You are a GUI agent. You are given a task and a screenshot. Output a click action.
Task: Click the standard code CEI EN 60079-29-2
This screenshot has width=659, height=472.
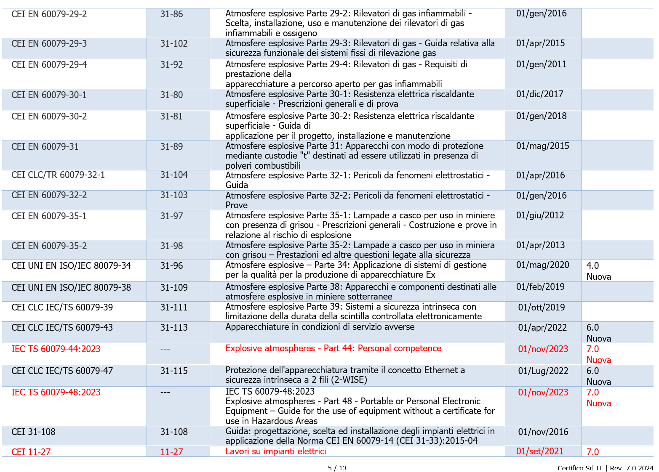49,14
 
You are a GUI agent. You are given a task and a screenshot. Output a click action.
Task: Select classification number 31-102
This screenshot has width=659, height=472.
174,44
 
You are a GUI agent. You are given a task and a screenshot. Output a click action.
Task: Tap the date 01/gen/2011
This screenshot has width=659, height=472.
541,64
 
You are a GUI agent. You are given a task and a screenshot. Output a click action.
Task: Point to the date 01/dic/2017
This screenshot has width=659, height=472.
539,94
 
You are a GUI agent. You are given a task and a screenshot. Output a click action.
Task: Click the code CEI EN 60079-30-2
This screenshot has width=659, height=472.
49,116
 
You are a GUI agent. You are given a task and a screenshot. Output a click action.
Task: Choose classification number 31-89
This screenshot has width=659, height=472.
171,146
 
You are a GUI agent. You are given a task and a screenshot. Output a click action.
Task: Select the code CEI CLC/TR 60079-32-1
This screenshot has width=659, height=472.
58,175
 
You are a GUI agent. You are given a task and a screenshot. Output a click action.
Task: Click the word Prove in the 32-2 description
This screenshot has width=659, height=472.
237,205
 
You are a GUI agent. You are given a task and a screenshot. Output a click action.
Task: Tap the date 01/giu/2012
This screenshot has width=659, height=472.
540,215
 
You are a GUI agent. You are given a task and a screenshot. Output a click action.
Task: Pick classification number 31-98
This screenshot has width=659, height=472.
171,246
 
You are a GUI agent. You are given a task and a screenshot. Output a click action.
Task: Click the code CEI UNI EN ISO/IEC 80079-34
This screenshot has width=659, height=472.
71,266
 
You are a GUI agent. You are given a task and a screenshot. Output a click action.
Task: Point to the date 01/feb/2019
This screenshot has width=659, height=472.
541,287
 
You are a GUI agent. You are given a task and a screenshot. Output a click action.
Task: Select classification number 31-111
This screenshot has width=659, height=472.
174,308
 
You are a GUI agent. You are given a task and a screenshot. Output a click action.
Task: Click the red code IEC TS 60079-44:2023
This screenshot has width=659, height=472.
56,349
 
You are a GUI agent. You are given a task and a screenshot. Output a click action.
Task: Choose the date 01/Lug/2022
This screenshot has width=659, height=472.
543,371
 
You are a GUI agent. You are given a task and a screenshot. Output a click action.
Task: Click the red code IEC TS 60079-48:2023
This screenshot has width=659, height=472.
56,392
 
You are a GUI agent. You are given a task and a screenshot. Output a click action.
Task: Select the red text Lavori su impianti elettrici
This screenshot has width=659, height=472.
276,451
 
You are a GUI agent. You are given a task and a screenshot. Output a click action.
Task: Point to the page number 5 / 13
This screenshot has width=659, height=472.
337,468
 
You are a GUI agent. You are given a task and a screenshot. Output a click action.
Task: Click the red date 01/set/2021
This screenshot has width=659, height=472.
539,451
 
